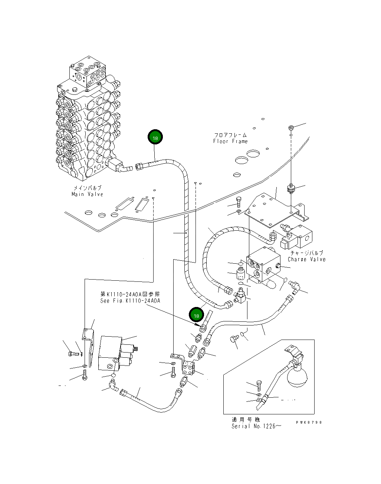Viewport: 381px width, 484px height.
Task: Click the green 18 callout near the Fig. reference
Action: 197,316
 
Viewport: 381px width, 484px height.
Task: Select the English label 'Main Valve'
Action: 87,194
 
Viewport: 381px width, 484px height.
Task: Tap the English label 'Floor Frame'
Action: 230,141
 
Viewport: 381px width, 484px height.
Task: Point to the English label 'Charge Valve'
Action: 306,259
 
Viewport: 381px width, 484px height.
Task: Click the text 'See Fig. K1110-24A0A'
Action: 130,301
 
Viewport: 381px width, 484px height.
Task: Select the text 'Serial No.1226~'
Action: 256,426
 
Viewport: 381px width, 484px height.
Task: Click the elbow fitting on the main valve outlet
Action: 125,168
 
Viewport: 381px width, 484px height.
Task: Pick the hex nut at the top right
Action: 291,128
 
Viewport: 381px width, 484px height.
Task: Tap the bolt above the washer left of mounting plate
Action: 239,202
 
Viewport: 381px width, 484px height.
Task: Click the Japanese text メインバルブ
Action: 87,188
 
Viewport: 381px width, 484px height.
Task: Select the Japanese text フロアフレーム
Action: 230,135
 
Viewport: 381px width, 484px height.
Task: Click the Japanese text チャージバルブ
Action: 306,253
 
